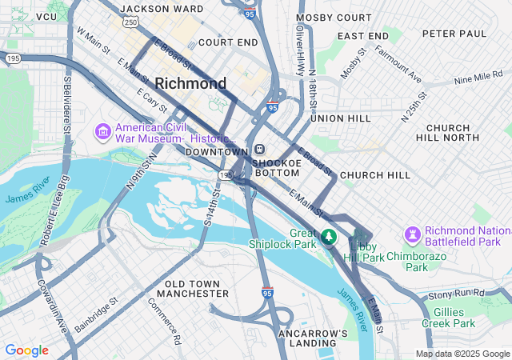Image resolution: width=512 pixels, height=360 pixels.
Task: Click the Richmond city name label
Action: [190, 83]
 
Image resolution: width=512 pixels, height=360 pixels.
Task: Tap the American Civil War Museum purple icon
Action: [102, 130]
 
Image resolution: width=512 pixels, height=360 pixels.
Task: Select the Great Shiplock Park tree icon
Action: [328, 237]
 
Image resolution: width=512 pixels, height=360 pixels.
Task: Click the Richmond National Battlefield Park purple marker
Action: [413, 234]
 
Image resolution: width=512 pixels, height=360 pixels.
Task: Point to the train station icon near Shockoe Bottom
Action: [260, 150]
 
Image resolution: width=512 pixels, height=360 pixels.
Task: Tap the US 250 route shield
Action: [130, 22]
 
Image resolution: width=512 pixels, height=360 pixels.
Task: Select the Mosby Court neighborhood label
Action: [334, 18]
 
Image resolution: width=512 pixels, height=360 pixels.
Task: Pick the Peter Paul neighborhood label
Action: [454, 34]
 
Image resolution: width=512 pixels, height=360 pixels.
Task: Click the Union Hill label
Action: [340, 118]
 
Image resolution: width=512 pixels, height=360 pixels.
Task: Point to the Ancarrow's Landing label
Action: [313, 338]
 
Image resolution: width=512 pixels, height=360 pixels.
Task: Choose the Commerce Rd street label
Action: [165, 321]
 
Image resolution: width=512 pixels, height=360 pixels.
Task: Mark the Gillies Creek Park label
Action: [454, 318]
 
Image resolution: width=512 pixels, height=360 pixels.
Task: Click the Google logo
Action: [26, 350]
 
